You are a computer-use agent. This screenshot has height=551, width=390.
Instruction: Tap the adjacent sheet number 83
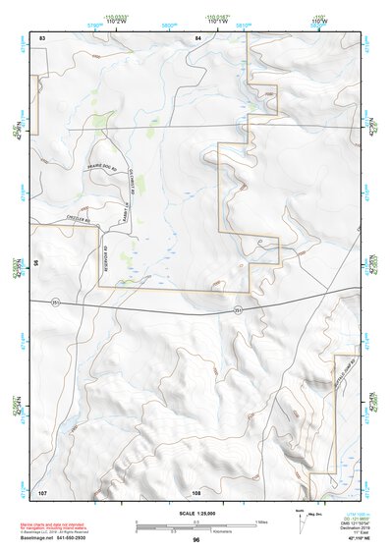(x=42, y=36)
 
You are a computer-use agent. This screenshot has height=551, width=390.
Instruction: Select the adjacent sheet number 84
(x=197, y=36)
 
